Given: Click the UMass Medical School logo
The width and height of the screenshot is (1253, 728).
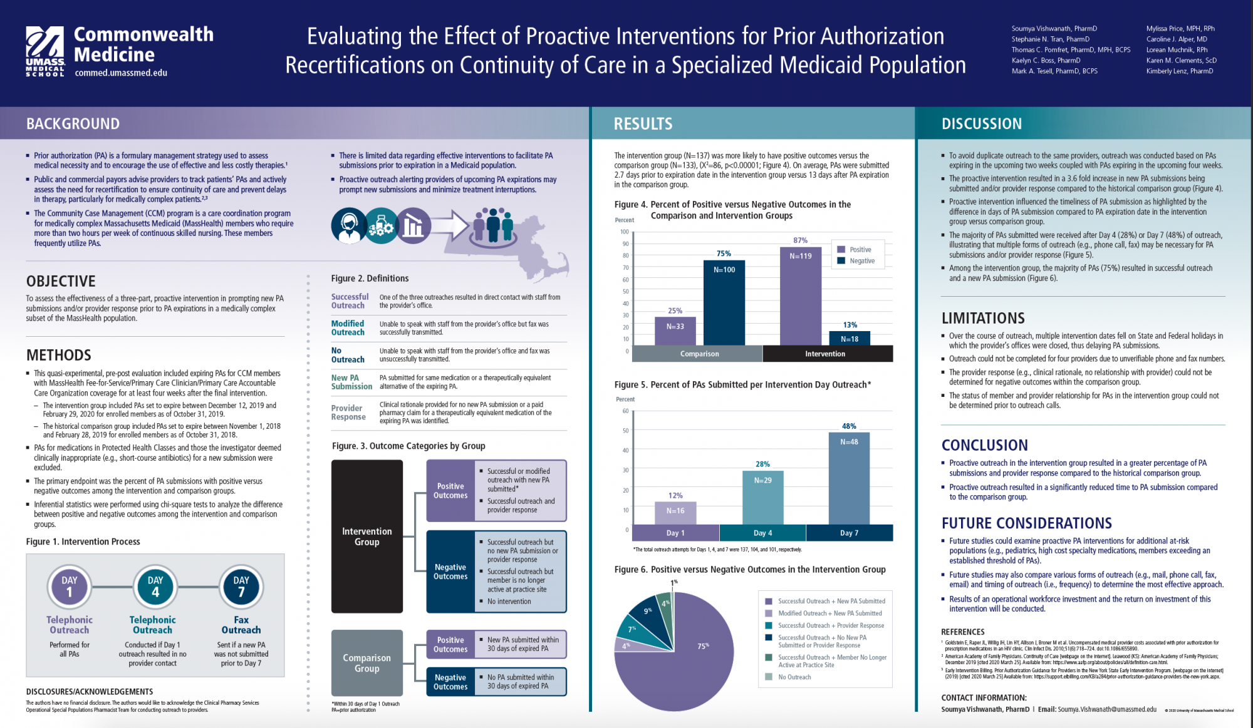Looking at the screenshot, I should [45, 51].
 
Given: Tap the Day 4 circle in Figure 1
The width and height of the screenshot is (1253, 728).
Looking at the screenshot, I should [155, 587].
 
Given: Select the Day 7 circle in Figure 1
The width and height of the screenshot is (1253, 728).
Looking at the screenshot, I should [241, 587].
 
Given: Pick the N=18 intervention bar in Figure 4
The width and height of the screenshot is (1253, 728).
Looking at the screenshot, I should [850, 339].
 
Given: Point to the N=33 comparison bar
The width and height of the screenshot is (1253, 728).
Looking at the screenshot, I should [675, 331].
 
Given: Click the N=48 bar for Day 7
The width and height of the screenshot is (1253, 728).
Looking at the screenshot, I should [849, 479].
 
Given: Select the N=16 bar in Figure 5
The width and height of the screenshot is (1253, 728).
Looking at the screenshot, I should [675, 513].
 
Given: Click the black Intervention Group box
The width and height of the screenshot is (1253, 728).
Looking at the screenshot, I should [367, 536].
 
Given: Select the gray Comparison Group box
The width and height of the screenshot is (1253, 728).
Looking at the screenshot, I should [367, 663].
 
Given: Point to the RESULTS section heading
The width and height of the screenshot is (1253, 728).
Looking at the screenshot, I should [643, 124].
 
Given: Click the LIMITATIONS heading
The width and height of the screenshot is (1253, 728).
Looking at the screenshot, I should [983, 318].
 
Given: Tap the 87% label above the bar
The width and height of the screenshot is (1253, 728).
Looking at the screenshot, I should [800, 240].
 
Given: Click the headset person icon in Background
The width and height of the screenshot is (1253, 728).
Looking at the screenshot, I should [348, 225].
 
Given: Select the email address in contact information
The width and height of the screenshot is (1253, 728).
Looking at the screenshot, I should [1106, 709].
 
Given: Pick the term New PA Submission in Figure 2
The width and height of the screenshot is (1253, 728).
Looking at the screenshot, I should [351, 382].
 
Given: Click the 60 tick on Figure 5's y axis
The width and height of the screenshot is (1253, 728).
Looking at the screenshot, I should [625, 411].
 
